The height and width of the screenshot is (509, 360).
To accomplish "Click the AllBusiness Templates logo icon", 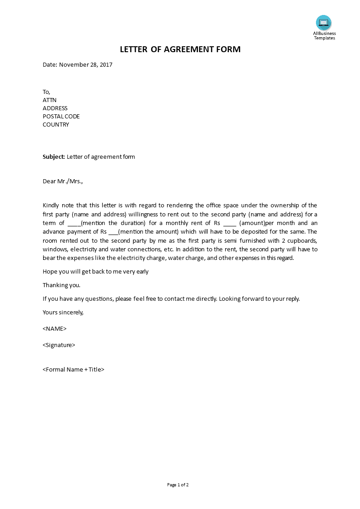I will click(324, 23).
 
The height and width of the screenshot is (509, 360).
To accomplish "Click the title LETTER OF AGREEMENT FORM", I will click(180, 49).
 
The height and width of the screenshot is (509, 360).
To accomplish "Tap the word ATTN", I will click(49, 100).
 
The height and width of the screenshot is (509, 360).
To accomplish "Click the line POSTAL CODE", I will click(61, 117).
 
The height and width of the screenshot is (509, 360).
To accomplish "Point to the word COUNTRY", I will click(56, 125).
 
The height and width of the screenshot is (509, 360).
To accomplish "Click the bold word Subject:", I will click(54, 157).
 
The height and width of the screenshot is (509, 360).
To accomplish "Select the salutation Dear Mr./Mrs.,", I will click(63, 181).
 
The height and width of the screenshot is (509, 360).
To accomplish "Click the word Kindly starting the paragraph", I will click(51, 206).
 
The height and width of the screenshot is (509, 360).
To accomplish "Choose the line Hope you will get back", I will click(95, 272).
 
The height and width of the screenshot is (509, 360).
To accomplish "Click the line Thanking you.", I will click(61, 285).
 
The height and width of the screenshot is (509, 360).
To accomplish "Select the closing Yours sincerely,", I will click(63, 313).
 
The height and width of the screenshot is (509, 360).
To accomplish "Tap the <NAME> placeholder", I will click(54, 329).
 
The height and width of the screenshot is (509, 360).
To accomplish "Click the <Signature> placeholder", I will click(59, 345).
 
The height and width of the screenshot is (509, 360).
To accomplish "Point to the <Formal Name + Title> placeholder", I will click(74, 370).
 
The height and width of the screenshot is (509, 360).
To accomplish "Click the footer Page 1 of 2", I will click(178, 485).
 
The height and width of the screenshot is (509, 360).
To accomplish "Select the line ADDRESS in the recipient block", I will click(55, 108).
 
